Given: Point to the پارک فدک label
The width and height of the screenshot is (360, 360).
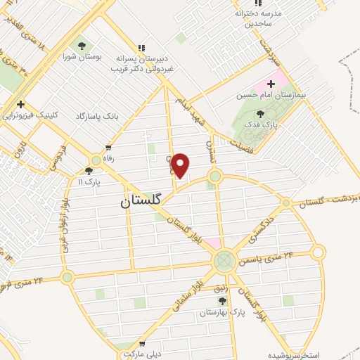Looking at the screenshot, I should [x=266, y=124].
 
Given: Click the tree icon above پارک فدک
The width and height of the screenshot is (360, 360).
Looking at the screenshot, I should [x=261, y=114].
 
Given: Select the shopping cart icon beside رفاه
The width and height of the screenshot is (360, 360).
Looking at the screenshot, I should [x=108, y=148].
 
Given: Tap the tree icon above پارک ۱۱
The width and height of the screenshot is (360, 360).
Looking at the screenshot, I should [x=89, y=171].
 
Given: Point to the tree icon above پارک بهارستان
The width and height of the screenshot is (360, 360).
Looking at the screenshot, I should [x=222, y=300].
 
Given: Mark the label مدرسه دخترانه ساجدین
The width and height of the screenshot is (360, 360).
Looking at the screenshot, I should [x=258, y=19].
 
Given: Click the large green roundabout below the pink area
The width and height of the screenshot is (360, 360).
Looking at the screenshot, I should [x=225, y=262].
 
